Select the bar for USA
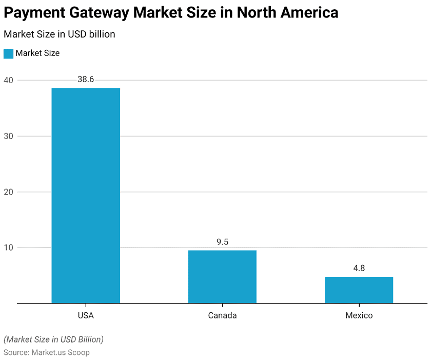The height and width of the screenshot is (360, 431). (86, 195)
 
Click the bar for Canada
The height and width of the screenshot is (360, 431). (222, 276)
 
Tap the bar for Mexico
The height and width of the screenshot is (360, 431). (359, 290)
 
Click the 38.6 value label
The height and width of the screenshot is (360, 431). (86, 80)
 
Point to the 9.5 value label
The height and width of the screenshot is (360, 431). (222, 242)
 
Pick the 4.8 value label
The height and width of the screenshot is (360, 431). (359, 268)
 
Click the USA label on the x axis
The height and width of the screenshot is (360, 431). (86, 315)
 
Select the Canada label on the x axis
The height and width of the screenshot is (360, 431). (222, 315)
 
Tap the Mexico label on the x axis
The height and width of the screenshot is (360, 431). (359, 315)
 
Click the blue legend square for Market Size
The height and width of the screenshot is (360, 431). (8, 53)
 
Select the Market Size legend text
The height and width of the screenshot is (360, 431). (37, 53)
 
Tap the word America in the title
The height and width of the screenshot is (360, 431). (309, 13)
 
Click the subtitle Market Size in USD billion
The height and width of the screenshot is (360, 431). (59, 34)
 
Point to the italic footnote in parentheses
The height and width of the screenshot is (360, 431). (53, 339)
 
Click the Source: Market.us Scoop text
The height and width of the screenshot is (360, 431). (46, 353)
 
